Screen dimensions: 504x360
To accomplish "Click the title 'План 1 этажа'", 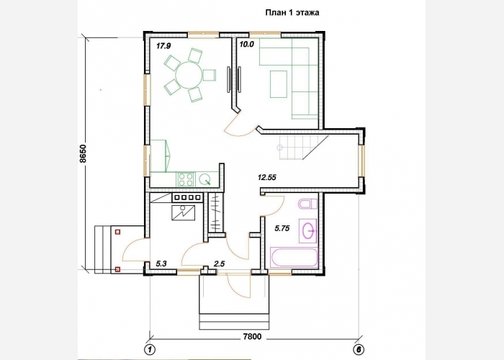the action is (292, 12).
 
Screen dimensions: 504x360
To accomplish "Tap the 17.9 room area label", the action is (163, 46).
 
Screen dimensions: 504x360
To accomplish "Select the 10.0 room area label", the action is (247, 45).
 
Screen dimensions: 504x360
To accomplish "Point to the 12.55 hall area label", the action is (267, 177).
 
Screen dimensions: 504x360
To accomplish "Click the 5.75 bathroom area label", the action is (282, 228).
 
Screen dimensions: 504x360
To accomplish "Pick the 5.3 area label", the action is (161, 264).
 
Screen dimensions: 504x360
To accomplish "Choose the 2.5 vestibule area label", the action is (219, 264).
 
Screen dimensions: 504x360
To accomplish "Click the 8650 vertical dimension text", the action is (83, 153).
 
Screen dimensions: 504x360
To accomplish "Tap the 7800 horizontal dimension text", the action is (252, 336).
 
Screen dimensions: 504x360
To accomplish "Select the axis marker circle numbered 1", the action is (150, 349).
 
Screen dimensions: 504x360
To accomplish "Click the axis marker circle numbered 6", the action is (359, 349).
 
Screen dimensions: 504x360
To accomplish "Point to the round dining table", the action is (189, 75).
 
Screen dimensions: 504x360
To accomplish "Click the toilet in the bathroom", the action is (307, 204).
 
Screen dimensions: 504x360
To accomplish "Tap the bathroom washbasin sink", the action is (308, 231).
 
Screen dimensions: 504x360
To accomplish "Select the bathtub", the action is (294, 258).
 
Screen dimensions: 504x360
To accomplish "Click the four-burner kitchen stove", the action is (186, 179).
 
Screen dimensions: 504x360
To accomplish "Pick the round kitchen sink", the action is (204, 179).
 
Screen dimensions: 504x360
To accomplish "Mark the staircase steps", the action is (302, 148).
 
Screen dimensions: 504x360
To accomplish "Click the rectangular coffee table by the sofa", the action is (279, 84).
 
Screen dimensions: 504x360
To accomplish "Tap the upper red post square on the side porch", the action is (117, 231).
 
